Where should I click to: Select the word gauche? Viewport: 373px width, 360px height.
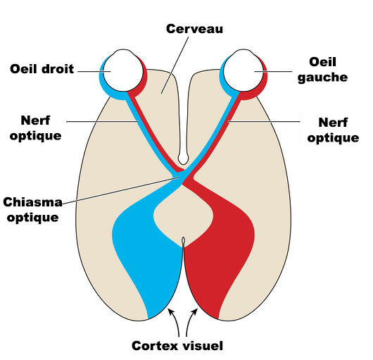328,77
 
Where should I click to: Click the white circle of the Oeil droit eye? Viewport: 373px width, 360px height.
122,69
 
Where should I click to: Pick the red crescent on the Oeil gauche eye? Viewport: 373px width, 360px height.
263,83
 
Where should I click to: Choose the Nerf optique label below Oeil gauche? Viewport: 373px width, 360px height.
334,130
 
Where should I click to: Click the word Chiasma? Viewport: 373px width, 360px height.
32,203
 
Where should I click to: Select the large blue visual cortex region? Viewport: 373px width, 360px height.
144,247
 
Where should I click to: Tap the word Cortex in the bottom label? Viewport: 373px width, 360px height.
156,346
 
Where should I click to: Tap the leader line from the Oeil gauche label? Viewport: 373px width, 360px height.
282,71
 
